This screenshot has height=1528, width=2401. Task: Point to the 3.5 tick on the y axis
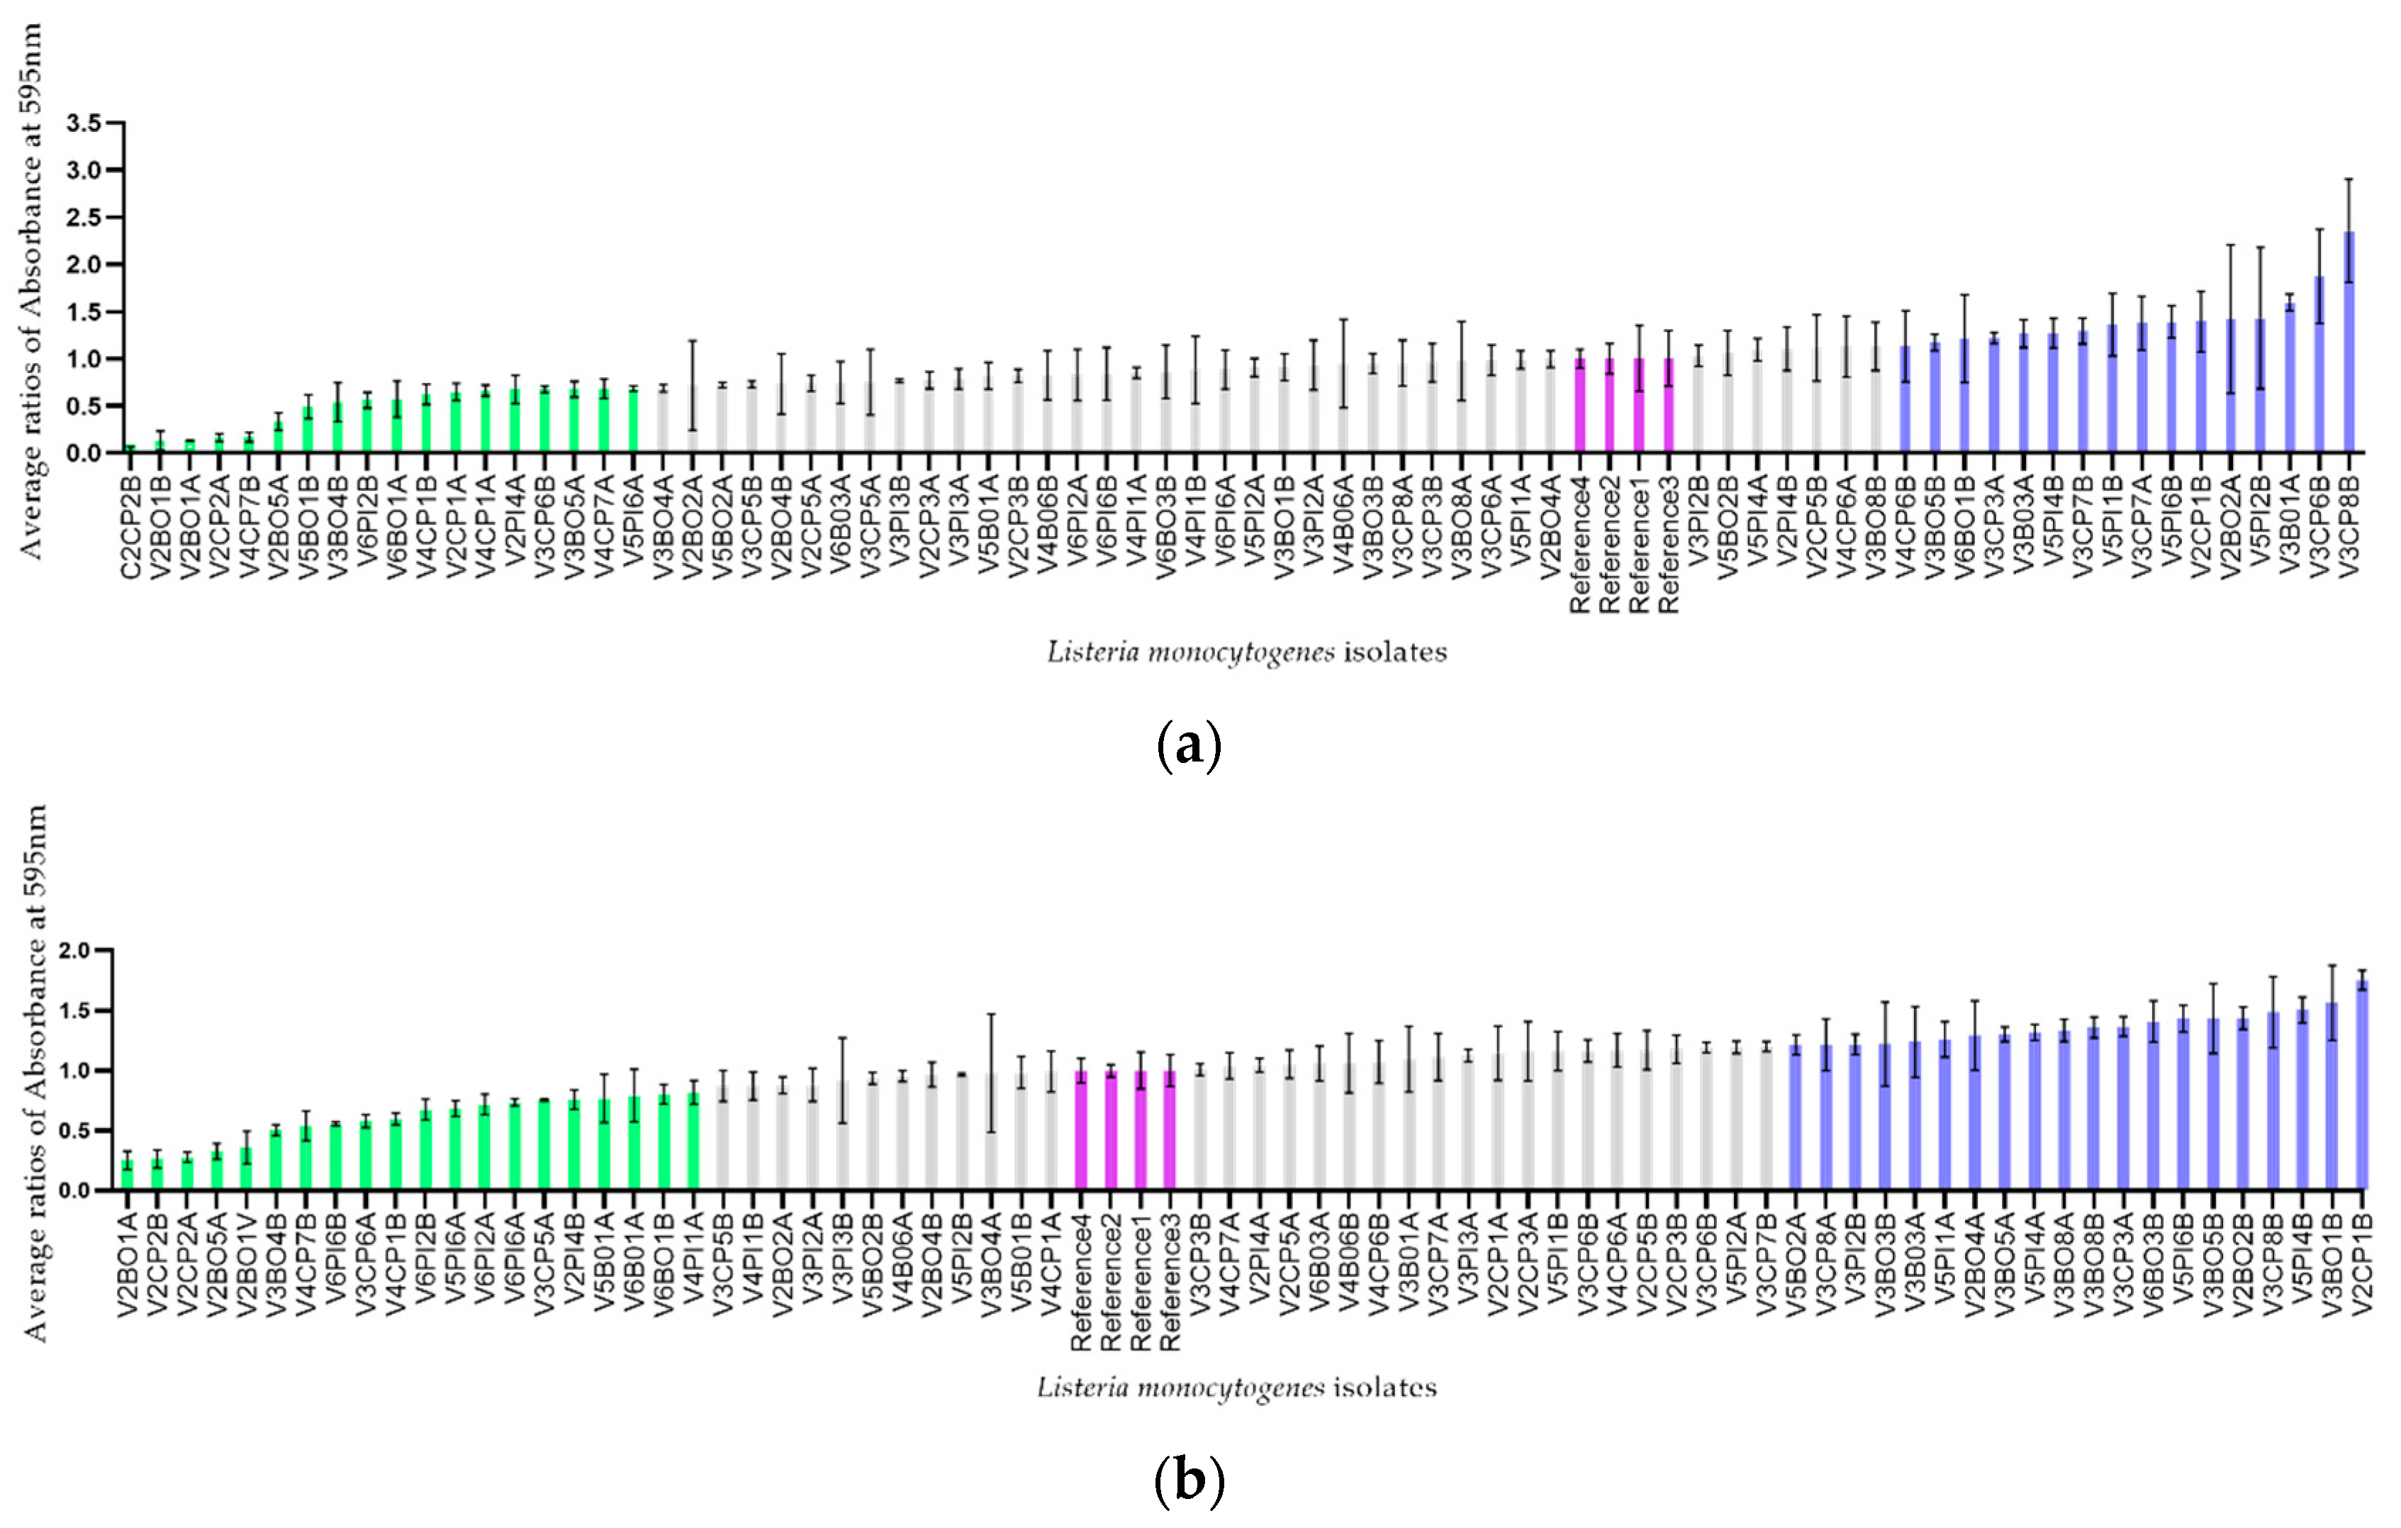84,123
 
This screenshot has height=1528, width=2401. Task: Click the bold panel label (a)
1189,745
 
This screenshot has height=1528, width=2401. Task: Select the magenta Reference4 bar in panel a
1579,406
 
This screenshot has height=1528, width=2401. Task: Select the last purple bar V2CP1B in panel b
2361,1086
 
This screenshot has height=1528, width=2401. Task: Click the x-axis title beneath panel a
1246,652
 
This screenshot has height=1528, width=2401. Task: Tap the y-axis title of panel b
35,1072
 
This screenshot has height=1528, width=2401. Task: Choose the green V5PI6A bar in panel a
633,420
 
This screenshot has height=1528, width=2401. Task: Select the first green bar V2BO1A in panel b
128,1175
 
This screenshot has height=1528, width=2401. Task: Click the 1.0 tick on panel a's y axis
84,358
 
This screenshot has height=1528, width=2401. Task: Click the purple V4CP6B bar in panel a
1905,400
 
